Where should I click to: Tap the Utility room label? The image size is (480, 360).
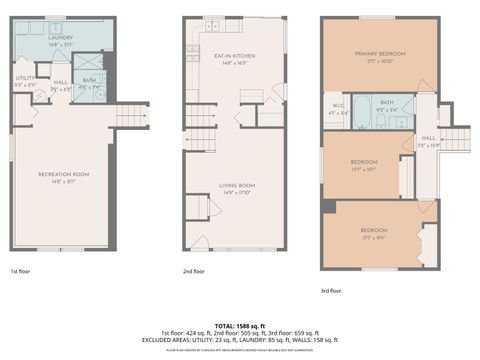[25, 78]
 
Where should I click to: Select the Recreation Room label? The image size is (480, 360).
[64, 175]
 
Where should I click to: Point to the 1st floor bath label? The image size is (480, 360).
[89, 80]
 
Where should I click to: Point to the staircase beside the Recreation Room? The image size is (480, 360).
[132, 117]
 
